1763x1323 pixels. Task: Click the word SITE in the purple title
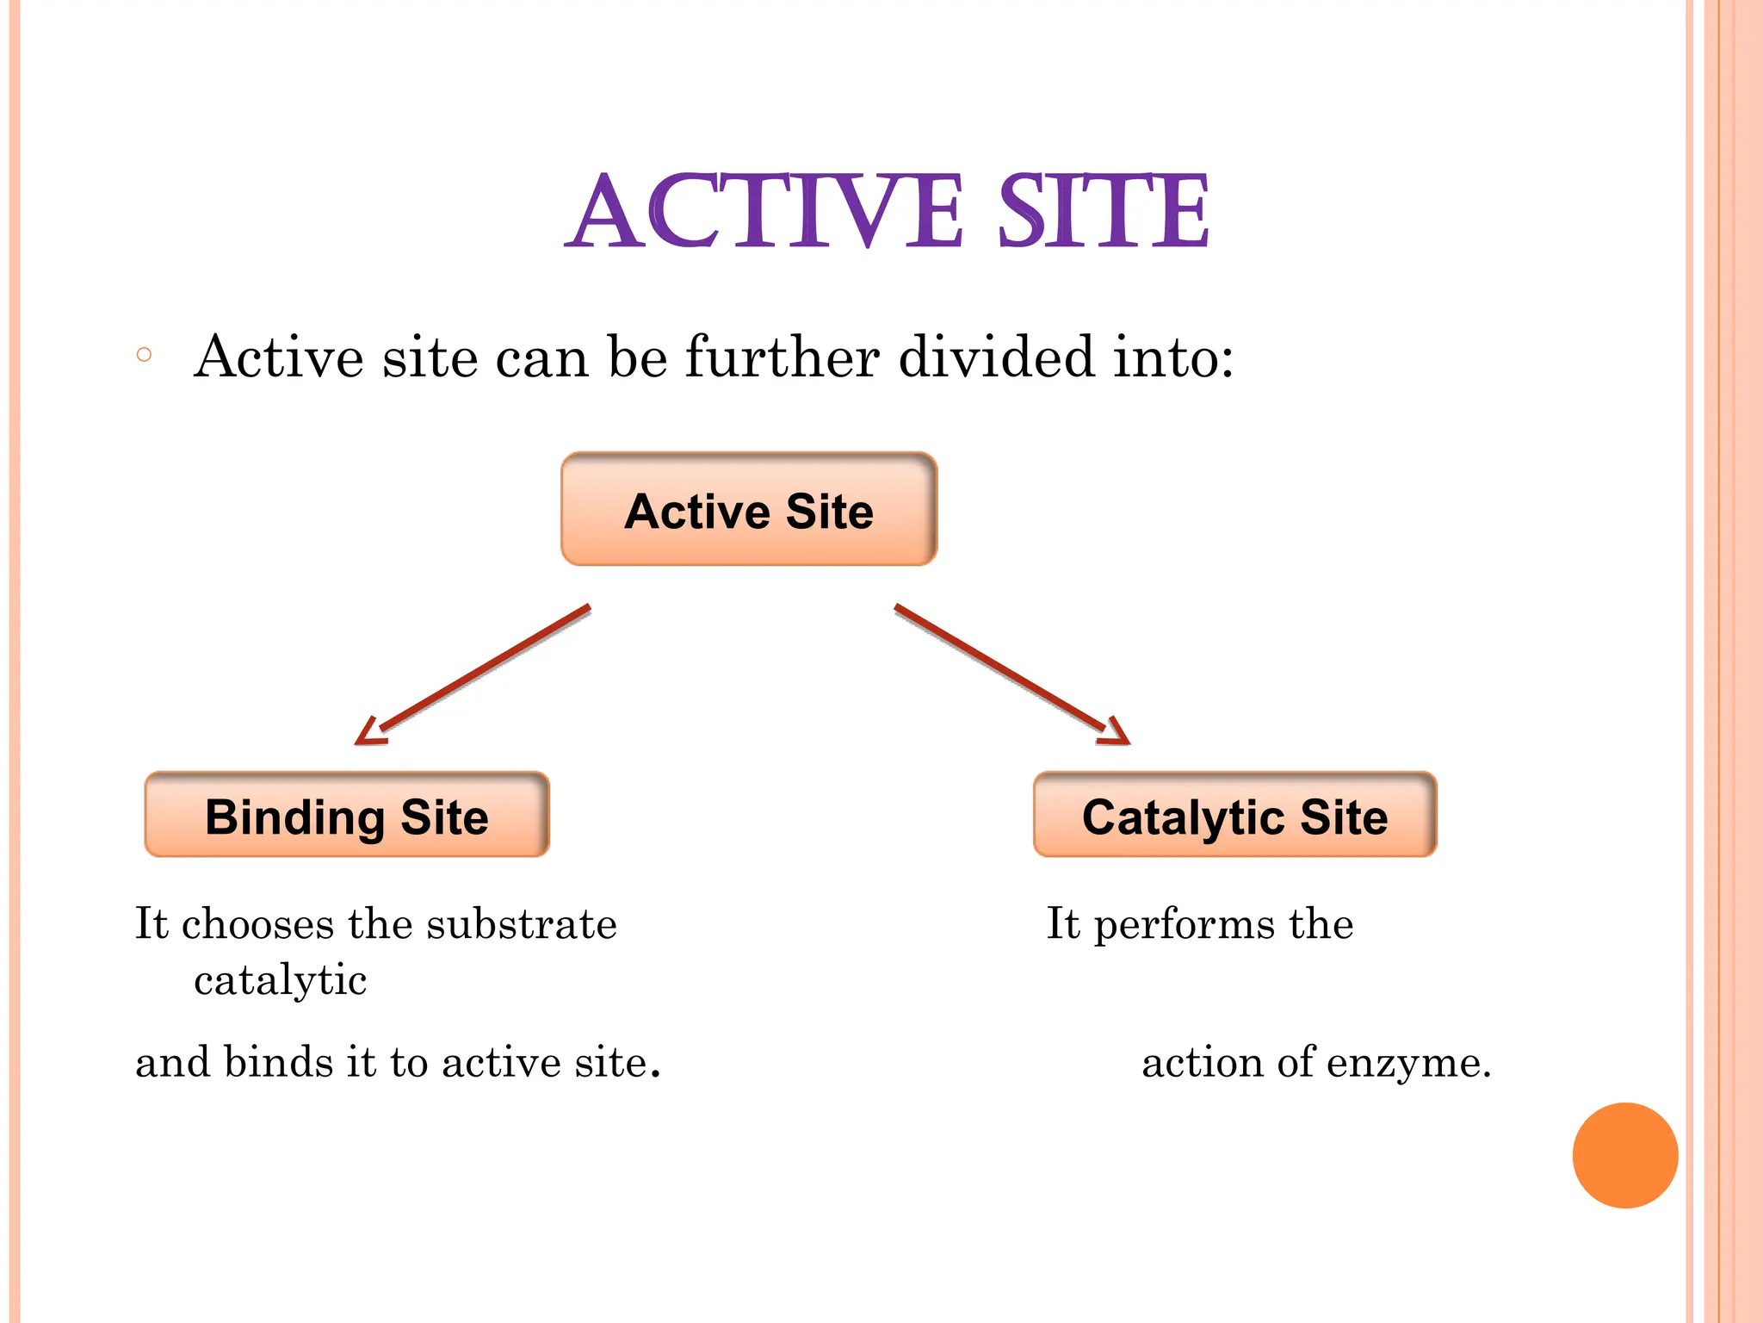click(x=1104, y=212)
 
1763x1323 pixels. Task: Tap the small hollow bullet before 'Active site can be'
click(x=145, y=355)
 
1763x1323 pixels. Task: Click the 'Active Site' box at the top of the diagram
click(x=749, y=510)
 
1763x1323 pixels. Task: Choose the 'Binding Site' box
click(x=347, y=815)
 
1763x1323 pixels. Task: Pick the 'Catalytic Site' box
click(x=1235, y=815)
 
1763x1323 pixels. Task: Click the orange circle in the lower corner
click(x=1625, y=1155)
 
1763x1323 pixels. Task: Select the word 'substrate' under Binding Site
click(x=522, y=924)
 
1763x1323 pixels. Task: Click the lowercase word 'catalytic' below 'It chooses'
click(x=281, y=980)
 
